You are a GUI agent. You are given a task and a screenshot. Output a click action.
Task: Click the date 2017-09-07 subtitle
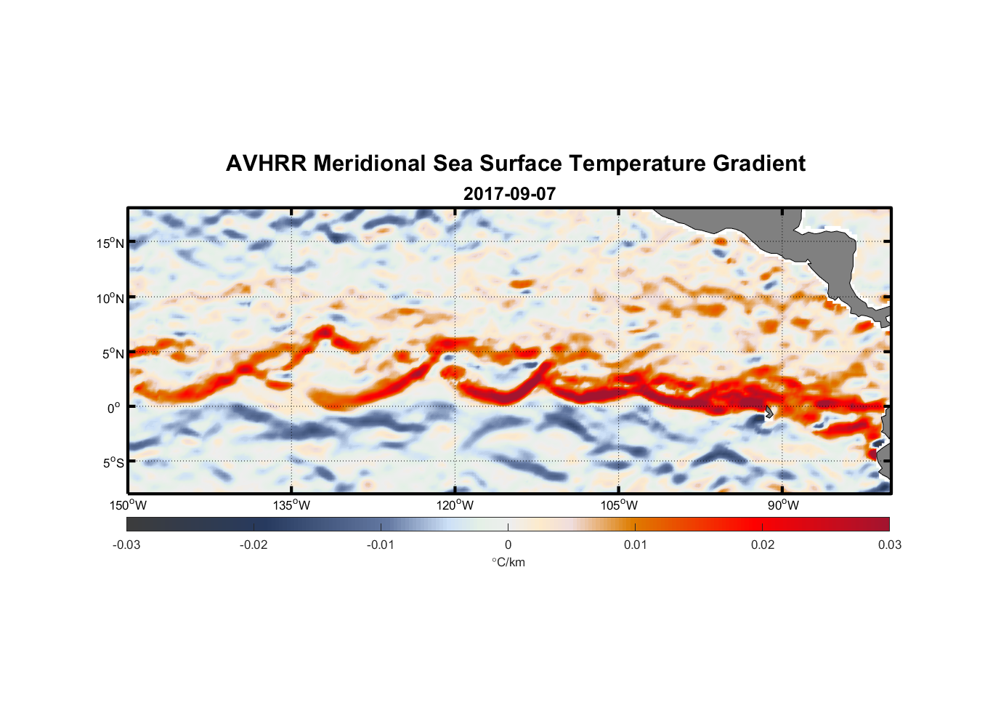[x=509, y=194]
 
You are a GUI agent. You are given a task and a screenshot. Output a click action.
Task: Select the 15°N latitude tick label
[x=110, y=243]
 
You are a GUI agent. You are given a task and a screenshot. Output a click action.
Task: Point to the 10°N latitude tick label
[x=110, y=298]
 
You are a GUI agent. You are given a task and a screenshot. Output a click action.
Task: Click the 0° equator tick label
[x=114, y=408]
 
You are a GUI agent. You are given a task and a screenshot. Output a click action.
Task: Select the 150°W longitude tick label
[x=128, y=505]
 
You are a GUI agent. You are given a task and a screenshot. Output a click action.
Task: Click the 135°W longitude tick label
[x=291, y=505]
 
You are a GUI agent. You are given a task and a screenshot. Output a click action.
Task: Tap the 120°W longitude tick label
[x=455, y=505]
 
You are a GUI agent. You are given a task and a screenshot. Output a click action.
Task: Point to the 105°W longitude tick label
[x=619, y=505]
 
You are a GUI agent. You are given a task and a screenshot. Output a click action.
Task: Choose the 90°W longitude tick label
[x=783, y=505]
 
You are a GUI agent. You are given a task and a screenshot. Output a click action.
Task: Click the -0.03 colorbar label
[x=126, y=545]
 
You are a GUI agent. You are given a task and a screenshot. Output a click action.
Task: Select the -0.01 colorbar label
[x=381, y=545]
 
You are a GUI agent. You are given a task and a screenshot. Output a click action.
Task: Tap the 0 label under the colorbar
[x=508, y=545]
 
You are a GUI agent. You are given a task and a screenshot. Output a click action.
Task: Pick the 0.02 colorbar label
[x=763, y=545]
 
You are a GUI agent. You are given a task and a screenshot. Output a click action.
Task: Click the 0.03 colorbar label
[x=889, y=545]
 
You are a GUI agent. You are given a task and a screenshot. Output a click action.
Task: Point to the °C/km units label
[x=508, y=562]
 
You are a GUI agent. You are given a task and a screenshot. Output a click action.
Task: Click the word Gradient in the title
[x=758, y=164]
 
